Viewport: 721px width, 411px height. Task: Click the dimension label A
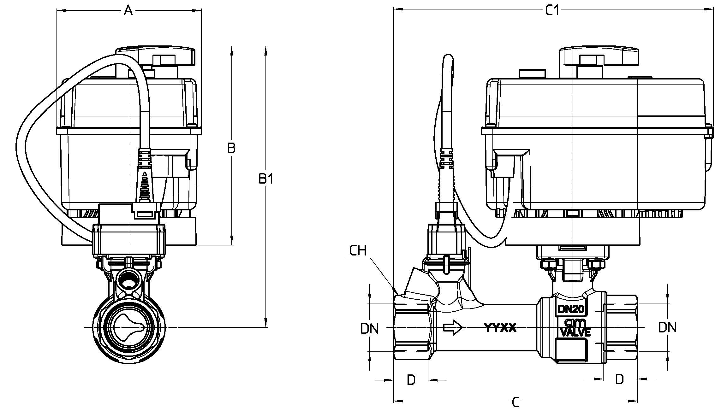tap(128, 11)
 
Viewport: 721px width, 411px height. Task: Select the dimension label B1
tap(266, 179)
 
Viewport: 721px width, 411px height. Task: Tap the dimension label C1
tap(553, 11)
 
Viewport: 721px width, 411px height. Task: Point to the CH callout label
tap(358, 251)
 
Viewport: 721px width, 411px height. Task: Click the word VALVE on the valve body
tap(575, 332)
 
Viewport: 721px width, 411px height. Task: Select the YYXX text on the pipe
tap(500, 328)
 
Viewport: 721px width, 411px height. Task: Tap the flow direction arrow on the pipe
tap(453, 328)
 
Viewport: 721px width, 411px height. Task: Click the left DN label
tap(370, 329)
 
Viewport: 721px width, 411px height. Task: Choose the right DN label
tap(667, 327)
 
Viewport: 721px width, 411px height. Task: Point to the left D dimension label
tap(411, 380)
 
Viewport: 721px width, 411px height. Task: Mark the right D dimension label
tap(619, 379)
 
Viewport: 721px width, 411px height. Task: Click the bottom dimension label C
tap(515, 402)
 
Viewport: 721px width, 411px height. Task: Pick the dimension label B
tap(231, 148)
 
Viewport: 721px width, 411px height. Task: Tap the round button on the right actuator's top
tap(533, 73)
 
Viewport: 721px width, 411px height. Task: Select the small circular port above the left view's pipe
tap(128, 279)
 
